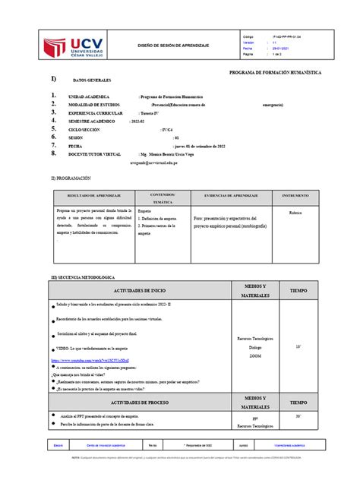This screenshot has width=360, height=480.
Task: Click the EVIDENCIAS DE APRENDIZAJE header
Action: click(x=227, y=196)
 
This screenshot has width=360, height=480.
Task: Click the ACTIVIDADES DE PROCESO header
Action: click(x=134, y=403)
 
